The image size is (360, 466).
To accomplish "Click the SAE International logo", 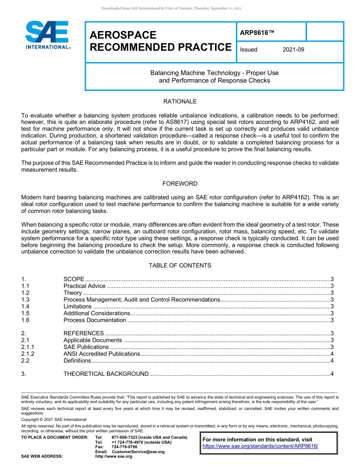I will click(x=47, y=35).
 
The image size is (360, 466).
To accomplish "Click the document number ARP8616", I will click(x=257, y=33).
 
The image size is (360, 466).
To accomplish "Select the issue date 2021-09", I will click(x=293, y=50).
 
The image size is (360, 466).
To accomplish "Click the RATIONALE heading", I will click(x=180, y=102).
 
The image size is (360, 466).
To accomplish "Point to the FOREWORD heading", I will click(x=180, y=184).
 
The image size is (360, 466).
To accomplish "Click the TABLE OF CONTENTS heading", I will click(x=180, y=266).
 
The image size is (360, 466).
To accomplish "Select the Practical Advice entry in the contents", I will click(x=85, y=286).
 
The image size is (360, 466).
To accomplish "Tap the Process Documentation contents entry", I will click(x=95, y=320).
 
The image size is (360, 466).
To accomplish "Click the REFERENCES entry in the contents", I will click(x=83, y=333).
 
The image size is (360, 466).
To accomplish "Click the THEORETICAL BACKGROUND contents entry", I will click(x=106, y=374).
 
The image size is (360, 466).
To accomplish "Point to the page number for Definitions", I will click(x=332, y=361).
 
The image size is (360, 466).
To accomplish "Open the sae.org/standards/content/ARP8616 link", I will click(x=260, y=446).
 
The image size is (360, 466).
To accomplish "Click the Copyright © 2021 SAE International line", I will click(x=54, y=420).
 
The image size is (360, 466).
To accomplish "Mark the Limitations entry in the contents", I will click(x=77, y=306).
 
